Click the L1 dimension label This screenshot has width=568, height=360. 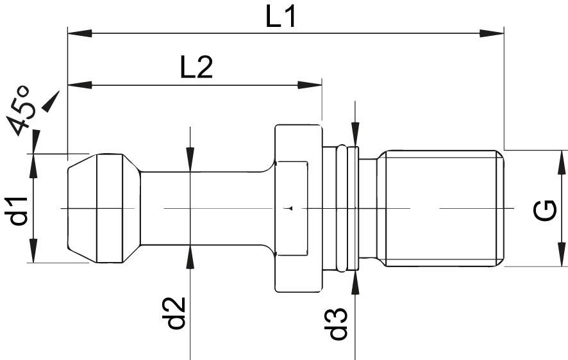(x=281, y=18)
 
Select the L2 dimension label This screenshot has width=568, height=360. (x=196, y=68)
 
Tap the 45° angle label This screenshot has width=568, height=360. (x=22, y=110)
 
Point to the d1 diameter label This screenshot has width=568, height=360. (x=16, y=211)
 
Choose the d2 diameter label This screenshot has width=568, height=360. (x=176, y=313)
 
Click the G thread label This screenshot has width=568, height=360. (x=546, y=210)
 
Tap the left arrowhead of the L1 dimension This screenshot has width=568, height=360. (x=79, y=33)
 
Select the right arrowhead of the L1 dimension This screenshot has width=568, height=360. (x=492, y=33)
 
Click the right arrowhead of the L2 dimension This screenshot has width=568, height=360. (x=310, y=85)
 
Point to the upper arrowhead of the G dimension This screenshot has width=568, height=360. (x=562, y=162)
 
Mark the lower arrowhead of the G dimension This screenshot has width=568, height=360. (x=562, y=254)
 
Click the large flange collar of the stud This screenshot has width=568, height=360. (x=298, y=208)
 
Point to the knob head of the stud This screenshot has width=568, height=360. (x=104, y=208)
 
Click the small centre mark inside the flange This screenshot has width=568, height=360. (x=289, y=208)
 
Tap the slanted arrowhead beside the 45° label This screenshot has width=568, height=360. (x=51, y=101)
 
